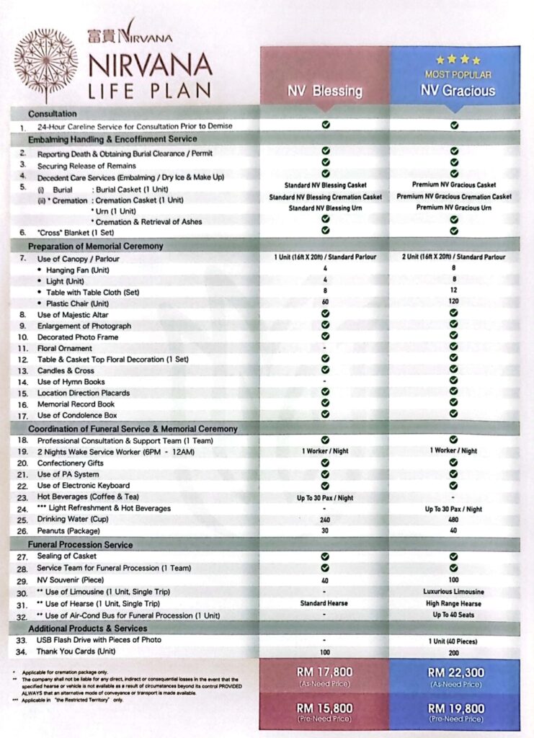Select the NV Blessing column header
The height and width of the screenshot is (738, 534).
click(x=325, y=91)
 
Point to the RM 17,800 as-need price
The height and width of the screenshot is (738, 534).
click(x=325, y=672)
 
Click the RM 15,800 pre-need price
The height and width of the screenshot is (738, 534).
click(x=325, y=708)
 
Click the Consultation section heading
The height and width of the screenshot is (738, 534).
click(x=53, y=114)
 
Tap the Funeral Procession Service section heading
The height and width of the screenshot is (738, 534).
click(x=80, y=545)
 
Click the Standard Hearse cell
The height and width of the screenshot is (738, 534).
click(x=325, y=603)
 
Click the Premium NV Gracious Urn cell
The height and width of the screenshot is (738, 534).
click(x=454, y=208)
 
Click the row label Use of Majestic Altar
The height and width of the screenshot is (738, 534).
click(x=74, y=315)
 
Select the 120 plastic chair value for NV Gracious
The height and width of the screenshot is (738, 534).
click(x=454, y=303)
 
